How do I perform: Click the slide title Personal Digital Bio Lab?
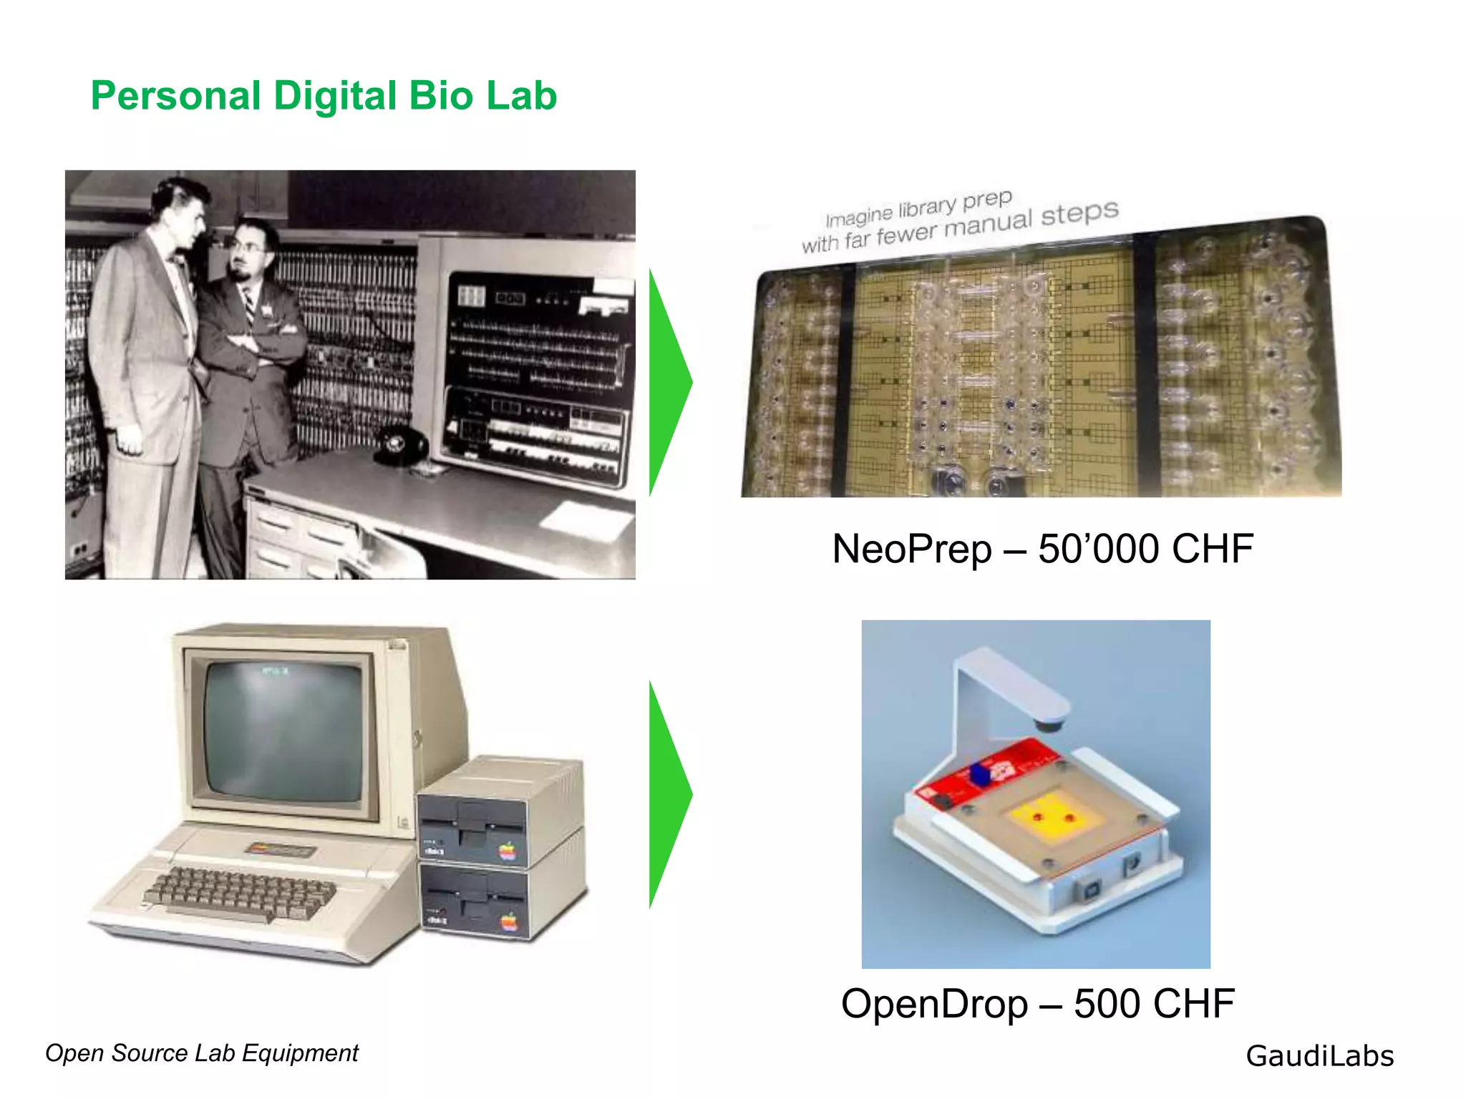click(x=324, y=96)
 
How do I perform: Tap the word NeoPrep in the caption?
click(x=911, y=549)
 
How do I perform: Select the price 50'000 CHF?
click(x=1145, y=549)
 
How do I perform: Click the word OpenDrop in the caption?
click(x=933, y=1004)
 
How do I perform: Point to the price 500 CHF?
click(x=1154, y=1004)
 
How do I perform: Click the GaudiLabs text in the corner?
click(x=1319, y=1056)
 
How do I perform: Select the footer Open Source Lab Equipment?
click(x=201, y=1053)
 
